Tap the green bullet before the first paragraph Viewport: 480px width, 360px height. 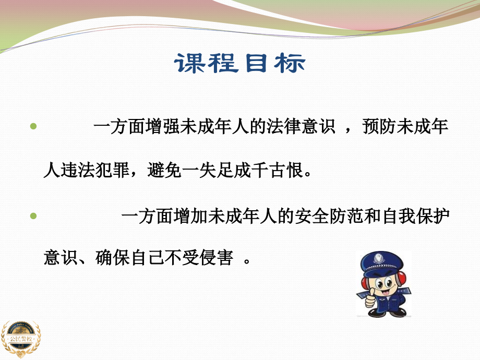pos(34,127)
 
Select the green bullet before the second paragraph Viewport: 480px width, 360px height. pos(34,215)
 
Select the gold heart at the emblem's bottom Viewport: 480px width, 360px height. pos(20,355)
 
